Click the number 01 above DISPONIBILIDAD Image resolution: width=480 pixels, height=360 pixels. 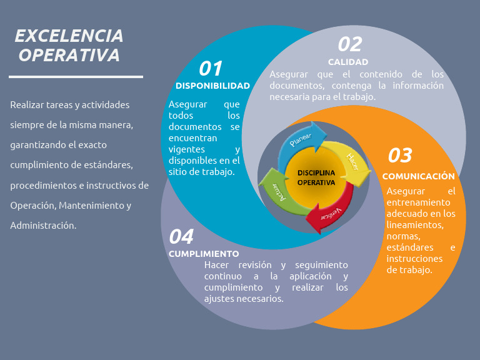click(211, 68)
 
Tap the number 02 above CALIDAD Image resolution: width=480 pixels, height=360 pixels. click(350, 44)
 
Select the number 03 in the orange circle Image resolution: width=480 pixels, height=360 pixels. click(400, 155)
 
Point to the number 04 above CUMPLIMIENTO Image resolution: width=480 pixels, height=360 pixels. click(181, 236)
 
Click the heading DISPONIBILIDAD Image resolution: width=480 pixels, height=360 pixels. click(212, 86)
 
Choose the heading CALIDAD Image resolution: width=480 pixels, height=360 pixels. click(348, 62)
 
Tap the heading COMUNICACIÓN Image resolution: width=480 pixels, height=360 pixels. click(418, 176)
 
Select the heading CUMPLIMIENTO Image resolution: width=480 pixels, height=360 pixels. click(204, 254)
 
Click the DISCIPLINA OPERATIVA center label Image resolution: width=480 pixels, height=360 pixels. click(316, 177)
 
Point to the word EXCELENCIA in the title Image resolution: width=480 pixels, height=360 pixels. click(69, 36)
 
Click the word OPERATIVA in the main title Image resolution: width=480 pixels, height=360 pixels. click(69, 56)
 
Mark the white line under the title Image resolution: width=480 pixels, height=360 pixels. click(76, 77)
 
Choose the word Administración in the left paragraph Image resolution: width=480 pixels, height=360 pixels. click(43, 225)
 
